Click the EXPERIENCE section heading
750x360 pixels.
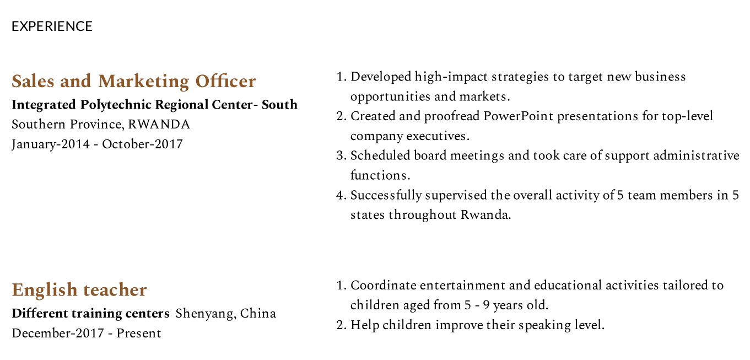(52, 26)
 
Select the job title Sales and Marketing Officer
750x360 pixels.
(134, 82)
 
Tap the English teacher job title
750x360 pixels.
(79, 290)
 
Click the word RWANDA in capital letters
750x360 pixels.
(159, 125)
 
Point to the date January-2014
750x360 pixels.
(51, 144)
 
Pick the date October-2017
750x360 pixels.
(142, 144)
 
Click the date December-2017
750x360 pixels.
(58, 333)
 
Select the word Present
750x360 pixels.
(139, 333)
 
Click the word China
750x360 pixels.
(258, 314)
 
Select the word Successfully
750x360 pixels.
(386, 195)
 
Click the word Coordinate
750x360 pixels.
(384, 286)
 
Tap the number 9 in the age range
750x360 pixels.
(486, 305)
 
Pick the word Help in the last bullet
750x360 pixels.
(365, 325)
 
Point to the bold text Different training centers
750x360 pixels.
(91, 314)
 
